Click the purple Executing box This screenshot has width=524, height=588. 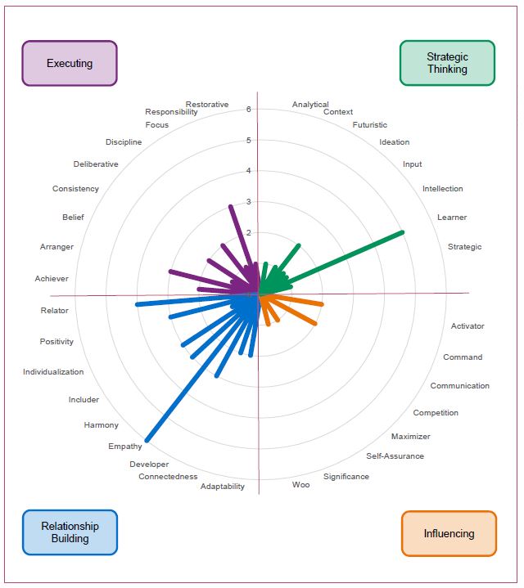[x=70, y=63]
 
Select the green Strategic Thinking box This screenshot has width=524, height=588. [x=447, y=63]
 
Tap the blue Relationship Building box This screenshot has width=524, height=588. [x=70, y=532]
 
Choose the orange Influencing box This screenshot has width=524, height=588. [x=449, y=533]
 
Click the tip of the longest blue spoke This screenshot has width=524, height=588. [x=147, y=441]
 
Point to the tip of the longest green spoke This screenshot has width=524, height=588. [x=402, y=232]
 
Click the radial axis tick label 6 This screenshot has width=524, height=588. [x=248, y=109]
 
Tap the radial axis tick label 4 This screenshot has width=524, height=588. [x=248, y=171]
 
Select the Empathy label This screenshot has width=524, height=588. [x=125, y=447]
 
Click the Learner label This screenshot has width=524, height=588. [x=452, y=217]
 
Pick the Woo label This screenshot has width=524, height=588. [x=301, y=484]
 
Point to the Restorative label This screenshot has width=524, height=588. [x=207, y=104]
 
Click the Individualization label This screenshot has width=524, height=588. [x=53, y=371]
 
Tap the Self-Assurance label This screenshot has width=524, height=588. [x=395, y=456]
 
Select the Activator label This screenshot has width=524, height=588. [x=468, y=325]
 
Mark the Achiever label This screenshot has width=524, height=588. [x=52, y=278]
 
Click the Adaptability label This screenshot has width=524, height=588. [x=222, y=487]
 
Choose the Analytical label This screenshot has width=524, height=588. [x=310, y=104]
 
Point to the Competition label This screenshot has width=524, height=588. [x=436, y=412]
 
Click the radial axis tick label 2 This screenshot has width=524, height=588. [x=248, y=232]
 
